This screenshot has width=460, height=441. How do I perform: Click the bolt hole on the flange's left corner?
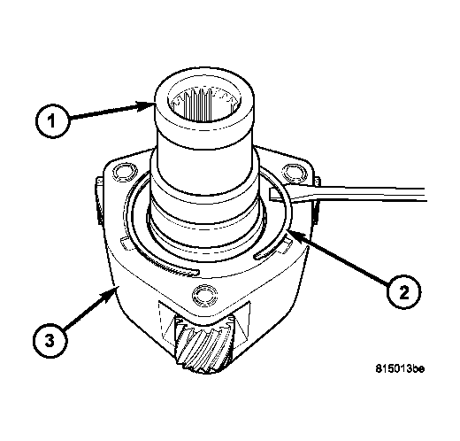121,172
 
